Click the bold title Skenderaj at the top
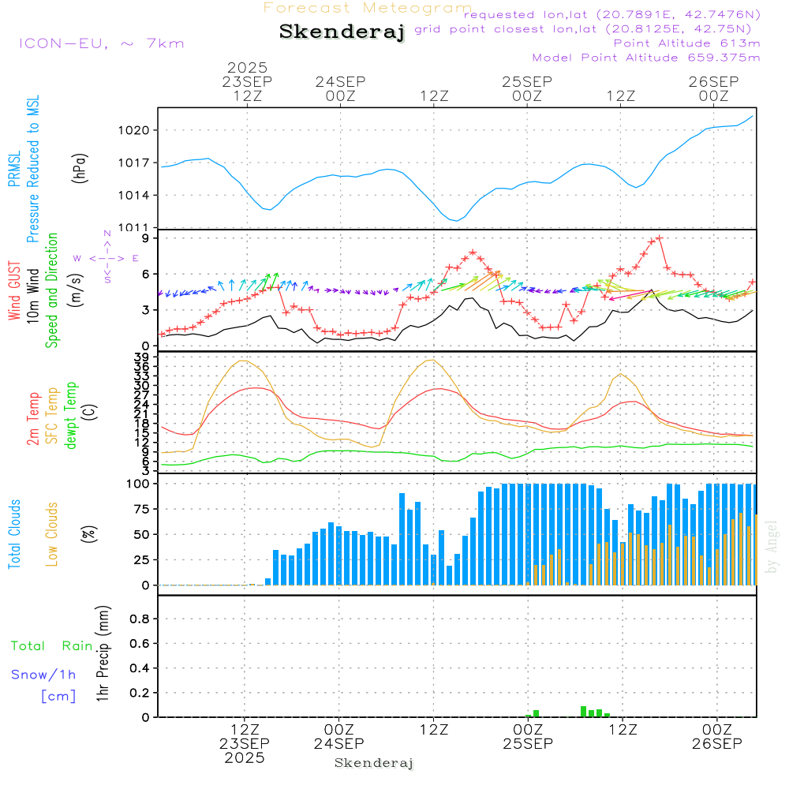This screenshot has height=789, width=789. pos(342,32)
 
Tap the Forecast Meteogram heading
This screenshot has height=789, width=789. pos(368,8)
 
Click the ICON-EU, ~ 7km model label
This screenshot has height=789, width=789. pos(101,43)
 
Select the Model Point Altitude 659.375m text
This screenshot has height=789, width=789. pos(646,57)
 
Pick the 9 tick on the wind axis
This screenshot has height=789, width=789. pos(146,238)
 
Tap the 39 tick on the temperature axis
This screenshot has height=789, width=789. pos(142,357)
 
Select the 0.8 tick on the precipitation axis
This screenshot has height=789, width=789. pos(140,619)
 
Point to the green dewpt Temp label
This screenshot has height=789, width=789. pos(72,416)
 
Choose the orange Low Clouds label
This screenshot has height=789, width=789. pos(52,534)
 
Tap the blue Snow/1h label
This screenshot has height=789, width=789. pos(44,675)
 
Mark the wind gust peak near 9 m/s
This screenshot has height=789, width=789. pos(659,237)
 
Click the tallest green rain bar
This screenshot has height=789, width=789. pos(583,711)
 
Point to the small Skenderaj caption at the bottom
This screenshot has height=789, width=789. pos(374,763)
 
